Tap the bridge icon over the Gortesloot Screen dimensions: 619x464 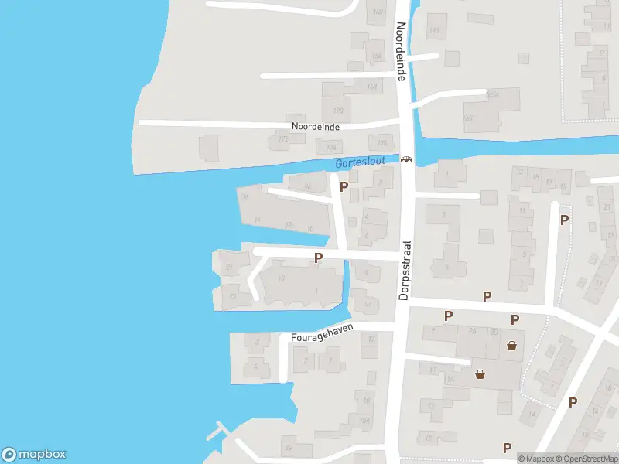(x=407, y=160)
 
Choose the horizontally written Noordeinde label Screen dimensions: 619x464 (x=315, y=126)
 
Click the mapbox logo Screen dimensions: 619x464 (x=34, y=455)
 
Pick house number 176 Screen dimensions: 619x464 (x=381, y=143)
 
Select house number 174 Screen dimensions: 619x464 (x=331, y=146)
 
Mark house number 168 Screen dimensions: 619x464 (x=372, y=86)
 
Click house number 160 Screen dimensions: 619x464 (x=378, y=12)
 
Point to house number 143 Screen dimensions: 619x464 (x=434, y=30)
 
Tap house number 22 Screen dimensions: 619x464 (x=287, y=448)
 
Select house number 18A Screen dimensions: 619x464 (x=365, y=421)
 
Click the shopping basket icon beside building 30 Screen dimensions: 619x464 (x=511, y=346)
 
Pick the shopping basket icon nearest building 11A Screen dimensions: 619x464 (x=480, y=374)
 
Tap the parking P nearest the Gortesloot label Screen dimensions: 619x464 (x=344, y=186)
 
